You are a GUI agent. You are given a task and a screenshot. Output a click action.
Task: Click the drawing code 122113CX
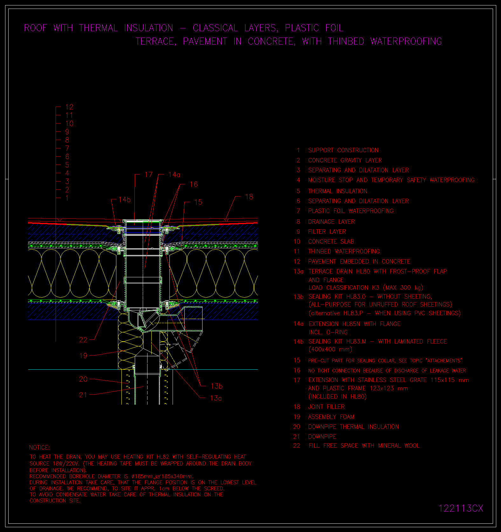pyautogui.click(x=461, y=508)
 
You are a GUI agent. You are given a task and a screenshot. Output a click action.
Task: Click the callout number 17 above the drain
pyautogui.click(x=148, y=174)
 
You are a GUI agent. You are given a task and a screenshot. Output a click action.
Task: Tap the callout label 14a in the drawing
pyautogui.click(x=174, y=174)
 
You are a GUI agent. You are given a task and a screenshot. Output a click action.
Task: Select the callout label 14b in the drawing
pyautogui.click(x=125, y=200)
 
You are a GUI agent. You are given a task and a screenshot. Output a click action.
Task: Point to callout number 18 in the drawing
pyautogui.click(x=249, y=197)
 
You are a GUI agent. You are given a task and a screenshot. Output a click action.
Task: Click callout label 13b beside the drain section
pyautogui.click(x=216, y=386)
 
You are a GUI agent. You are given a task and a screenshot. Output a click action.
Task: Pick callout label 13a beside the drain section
pyautogui.click(x=216, y=398)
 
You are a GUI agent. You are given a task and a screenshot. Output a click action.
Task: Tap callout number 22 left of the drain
pyautogui.click(x=83, y=340)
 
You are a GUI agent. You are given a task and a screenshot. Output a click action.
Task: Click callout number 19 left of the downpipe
pyautogui.click(x=83, y=356)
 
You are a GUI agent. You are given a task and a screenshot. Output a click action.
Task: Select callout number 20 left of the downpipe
pyautogui.click(x=83, y=379)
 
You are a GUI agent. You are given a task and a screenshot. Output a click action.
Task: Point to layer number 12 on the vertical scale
pyautogui.click(x=69, y=107)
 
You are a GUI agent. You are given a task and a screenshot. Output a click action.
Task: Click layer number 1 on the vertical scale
pyautogui.click(x=67, y=198)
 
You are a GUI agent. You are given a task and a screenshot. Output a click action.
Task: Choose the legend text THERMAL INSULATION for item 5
pyautogui.click(x=338, y=191)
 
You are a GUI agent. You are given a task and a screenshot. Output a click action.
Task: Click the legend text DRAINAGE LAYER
pyautogui.click(x=331, y=222)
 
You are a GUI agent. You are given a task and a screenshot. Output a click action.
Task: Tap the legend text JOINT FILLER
pyautogui.click(x=326, y=407)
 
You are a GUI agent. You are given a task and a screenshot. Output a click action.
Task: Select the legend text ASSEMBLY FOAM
pyautogui.click(x=331, y=417)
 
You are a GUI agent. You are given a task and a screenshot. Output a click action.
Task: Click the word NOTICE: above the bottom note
pyautogui.click(x=39, y=448)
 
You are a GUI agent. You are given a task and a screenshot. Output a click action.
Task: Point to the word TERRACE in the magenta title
pyautogui.click(x=156, y=41)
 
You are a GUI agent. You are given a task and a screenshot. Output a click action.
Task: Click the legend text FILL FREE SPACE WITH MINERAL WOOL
pyautogui.click(x=364, y=445)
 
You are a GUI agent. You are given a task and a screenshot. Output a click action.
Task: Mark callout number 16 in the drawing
pyautogui.click(x=194, y=184)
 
